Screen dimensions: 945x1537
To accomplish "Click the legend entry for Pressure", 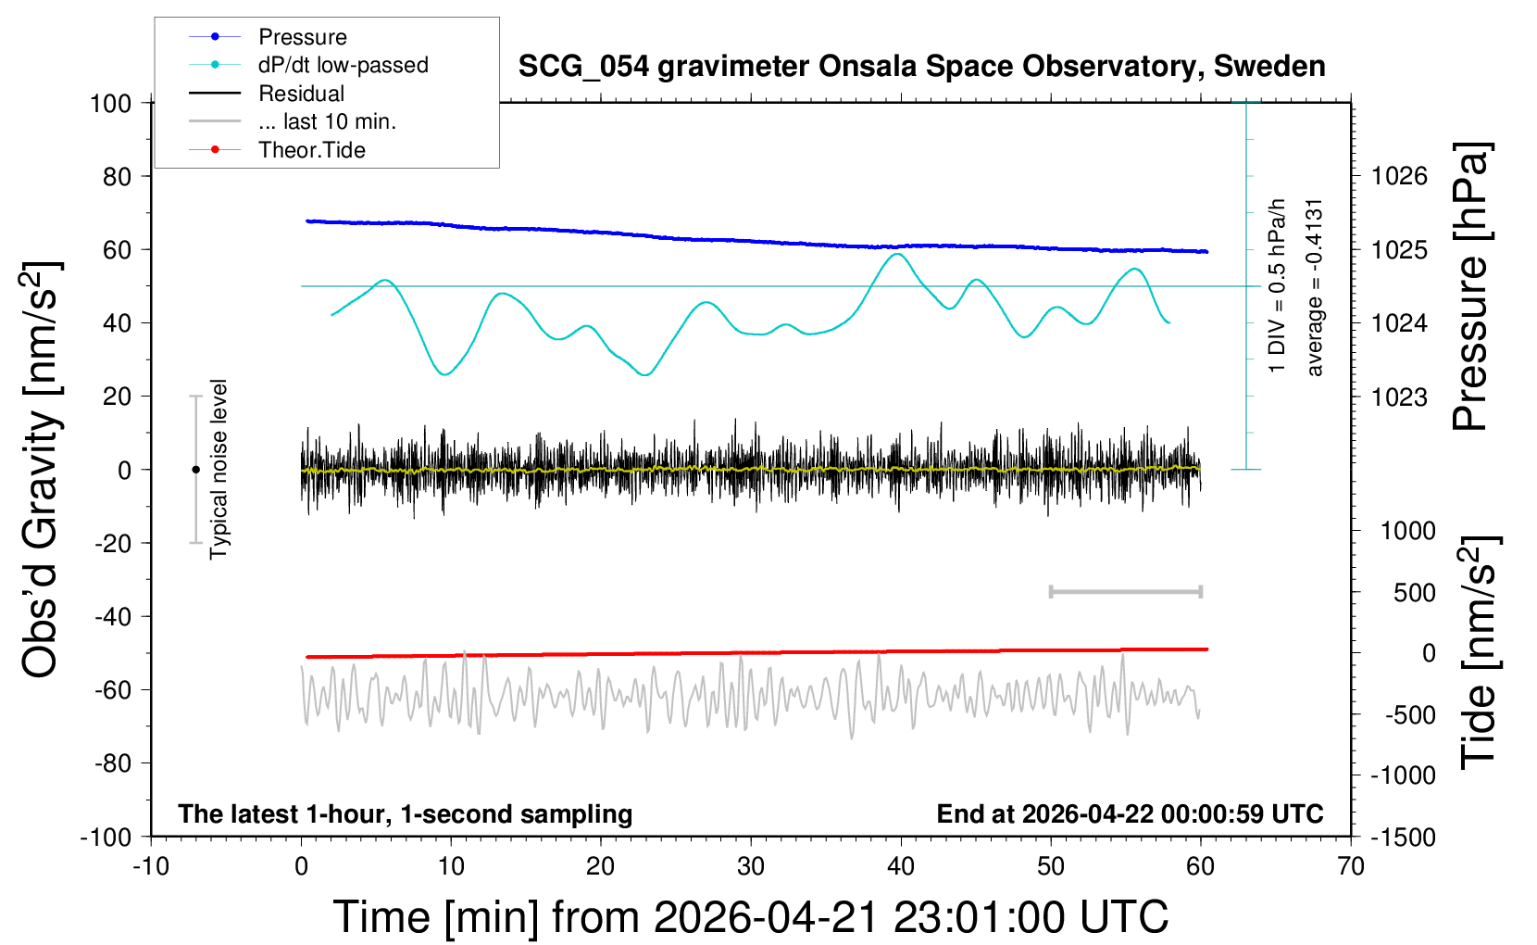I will pos(302,37).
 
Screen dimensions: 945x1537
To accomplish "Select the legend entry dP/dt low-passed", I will pos(343,65).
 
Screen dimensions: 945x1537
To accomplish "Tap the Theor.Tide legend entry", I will pos(311,150).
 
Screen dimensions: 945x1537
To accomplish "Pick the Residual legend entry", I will pos(301,94).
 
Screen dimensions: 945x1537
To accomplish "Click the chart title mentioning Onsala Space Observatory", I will pos(921,67).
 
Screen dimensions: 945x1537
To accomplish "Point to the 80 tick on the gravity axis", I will pos(117,176).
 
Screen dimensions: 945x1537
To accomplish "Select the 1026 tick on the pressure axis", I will pos(1399,176).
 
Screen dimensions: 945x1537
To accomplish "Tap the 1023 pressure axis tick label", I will pos(1399,397).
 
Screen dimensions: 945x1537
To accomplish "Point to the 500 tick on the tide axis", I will pos(1415,592).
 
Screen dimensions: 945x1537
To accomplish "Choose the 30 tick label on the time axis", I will pos(751,866).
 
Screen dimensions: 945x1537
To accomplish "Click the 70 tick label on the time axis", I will pos(1351,866).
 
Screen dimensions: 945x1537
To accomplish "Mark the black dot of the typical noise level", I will pos(195,470).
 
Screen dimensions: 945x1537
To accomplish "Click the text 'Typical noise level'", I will pos(219,469).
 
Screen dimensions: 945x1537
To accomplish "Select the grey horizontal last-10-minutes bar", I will pos(1125,591).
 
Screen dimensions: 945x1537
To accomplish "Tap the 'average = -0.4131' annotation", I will pos(1315,287).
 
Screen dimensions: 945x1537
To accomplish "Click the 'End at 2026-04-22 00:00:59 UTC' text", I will pos(1130,814).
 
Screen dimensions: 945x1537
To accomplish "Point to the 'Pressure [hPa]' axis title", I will pos(1470,287).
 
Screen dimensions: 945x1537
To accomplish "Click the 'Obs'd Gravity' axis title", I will pos(42,469).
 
